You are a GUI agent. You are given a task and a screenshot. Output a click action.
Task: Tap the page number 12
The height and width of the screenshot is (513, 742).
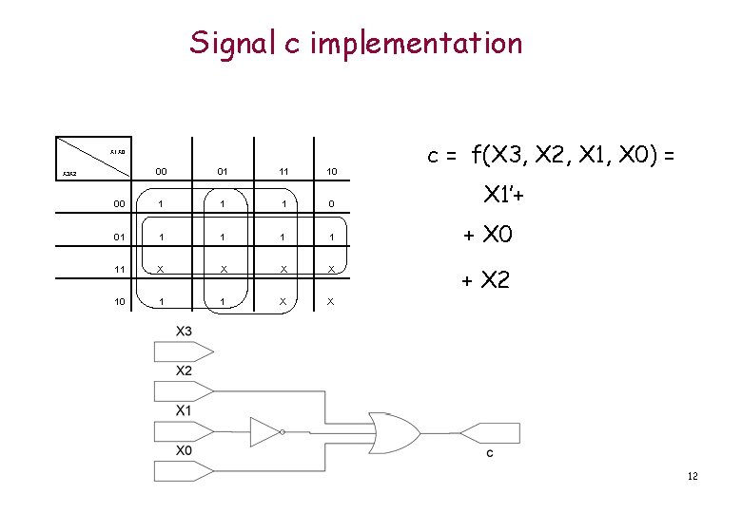coord(692,475)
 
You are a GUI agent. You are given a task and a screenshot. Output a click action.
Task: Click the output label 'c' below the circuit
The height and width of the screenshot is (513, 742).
coord(490,453)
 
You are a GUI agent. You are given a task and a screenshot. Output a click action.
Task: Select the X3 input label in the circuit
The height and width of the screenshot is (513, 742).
coord(184,330)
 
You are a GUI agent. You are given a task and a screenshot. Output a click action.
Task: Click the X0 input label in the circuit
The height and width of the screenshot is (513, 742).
coord(184,450)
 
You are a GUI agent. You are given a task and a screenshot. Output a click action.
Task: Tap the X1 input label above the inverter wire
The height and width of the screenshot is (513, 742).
coord(184,410)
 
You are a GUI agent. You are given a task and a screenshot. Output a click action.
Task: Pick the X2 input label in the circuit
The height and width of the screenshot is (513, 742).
coord(184,370)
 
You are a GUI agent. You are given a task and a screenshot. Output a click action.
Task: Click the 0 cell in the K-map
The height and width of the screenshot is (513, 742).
coord(330,203)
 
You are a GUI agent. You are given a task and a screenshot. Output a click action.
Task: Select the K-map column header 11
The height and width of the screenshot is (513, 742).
coord(283,172)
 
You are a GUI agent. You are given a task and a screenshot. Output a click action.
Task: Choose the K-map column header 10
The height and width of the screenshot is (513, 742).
coord(330,172)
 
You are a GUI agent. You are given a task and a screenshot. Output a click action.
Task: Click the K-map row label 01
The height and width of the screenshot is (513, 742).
coord(117,237)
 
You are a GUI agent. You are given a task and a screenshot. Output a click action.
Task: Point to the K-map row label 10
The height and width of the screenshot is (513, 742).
coord(117,301)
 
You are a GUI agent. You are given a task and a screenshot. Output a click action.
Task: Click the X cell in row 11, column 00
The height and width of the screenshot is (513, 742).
coord(163,269)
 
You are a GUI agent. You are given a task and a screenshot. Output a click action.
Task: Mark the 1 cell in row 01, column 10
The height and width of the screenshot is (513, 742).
coord(330,237)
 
